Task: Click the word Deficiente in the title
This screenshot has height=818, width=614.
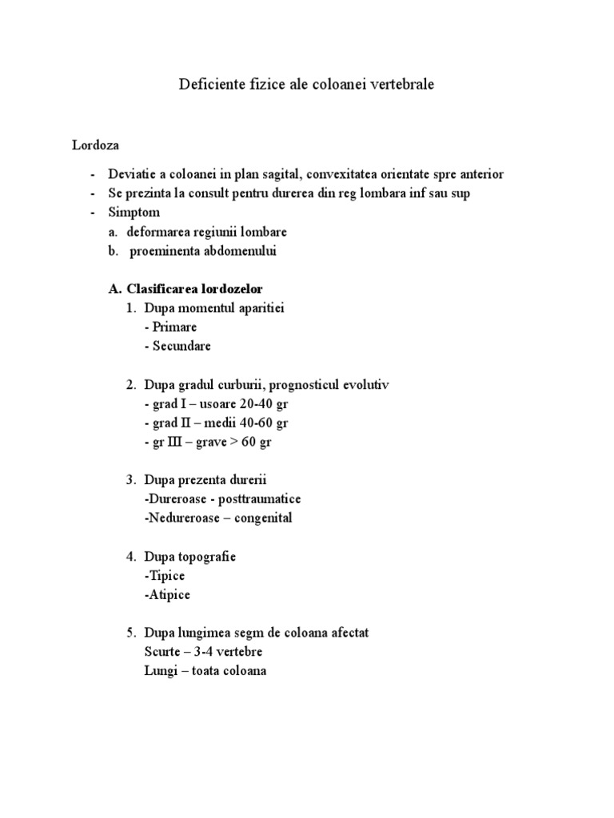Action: [208, 84]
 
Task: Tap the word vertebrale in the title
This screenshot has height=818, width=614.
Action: [401, 84]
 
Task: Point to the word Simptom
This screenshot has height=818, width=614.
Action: [134, 212]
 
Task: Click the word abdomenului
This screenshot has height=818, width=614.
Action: [237, 251]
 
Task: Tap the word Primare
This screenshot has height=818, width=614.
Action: [174, 327]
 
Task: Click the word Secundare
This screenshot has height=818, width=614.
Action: [181, 346]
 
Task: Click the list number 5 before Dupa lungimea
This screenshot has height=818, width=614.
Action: [130, 633]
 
